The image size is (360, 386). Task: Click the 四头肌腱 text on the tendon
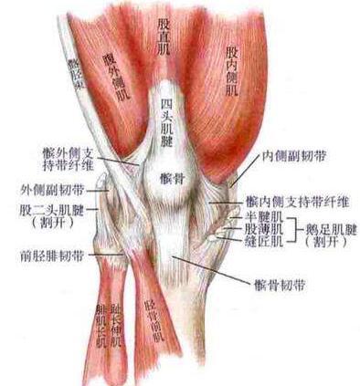tap(166, 124)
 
